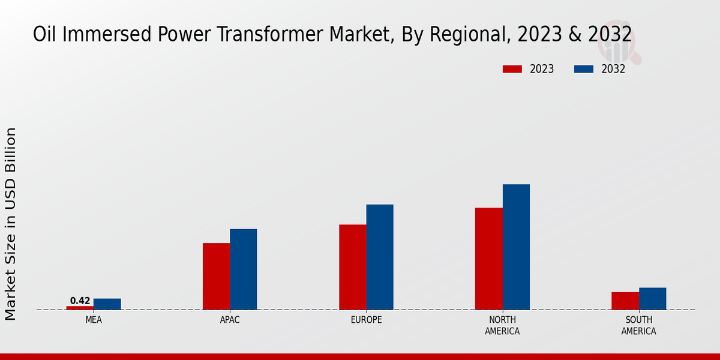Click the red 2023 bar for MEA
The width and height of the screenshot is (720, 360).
pyautogui.click(x=80, y=308)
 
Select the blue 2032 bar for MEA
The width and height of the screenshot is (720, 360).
pyautogui.click(x=107, y=304)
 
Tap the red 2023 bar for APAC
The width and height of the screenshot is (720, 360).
pyautogui.click(x=216, y=276)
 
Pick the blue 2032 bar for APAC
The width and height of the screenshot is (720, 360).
pyautogui.click(x=243, y=269)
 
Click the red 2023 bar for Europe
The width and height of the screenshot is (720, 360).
pyautogui.click(x=353, y=267)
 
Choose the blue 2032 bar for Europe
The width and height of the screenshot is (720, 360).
pyautogui.click(x=380, y=257)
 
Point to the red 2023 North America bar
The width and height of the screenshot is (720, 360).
pyautogui.click(x=489, y=259)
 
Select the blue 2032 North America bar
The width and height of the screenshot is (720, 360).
pyautogui.click(x=516, y=247)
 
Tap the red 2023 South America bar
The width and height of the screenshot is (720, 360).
pyautogui.click(x=625, y=301)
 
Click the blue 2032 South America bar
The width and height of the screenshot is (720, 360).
pyautogui.click(x=652, y=299)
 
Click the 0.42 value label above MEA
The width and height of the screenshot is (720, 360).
pyautogui.click(x=80, y=301)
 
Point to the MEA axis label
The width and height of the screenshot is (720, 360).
pyautogui.click(x=94, y=320)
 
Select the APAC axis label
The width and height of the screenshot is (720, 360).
pyautogui.click(x=230, y=320)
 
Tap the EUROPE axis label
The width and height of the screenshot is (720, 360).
pyautogui.click(x=366, y=320)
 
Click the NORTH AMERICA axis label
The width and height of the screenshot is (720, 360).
pyautogui.click(x=503, y=325)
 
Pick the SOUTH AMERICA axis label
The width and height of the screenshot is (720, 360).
pyautogui.click(x=638, y=325)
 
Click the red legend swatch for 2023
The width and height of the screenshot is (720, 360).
pyautogui.click(x=512, y=69)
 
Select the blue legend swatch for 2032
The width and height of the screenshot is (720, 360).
pyautogui.click(x=583, y=69)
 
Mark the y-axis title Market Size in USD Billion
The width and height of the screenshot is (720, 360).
pyautogui.click(x=11, y=223)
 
